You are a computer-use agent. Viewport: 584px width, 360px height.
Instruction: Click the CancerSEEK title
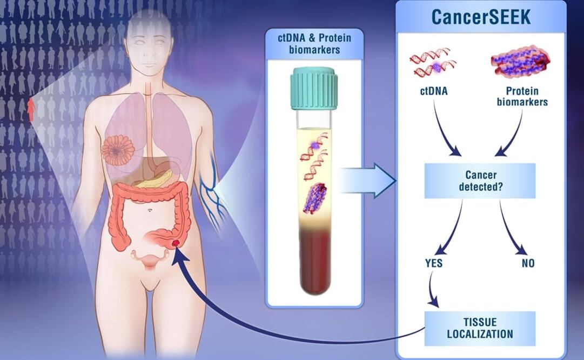pos(480,17)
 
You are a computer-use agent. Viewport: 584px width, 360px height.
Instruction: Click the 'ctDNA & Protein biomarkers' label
pos(314,43)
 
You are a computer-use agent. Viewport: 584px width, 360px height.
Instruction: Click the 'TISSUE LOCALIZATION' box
pos(480,327)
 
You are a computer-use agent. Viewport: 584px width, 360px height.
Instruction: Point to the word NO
pos(528,263)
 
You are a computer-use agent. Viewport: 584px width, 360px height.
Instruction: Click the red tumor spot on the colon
pos(176,245)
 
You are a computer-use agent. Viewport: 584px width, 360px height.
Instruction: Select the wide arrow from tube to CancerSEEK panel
pos(367,180)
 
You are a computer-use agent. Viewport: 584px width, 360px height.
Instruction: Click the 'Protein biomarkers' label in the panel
pos(523,96)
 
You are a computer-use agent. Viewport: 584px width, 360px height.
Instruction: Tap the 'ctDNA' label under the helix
pos(434,91)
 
